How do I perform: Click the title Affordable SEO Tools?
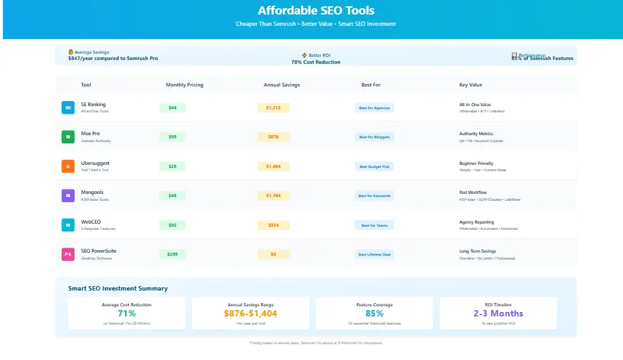pos(316,11)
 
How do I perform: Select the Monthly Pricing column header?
pos(184,85)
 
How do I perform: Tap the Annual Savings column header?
pos(282,85)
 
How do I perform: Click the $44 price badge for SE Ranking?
pos(172,108)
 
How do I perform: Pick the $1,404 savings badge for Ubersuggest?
pos(273,167)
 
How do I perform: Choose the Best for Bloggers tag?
pos(374,137)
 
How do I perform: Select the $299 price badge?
pos(172,255)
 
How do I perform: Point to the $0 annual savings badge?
pos(273,255)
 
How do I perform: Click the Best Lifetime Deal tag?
pos(374,255)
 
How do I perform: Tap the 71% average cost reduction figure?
pos(127,313)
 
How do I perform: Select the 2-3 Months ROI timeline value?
pos(498,313)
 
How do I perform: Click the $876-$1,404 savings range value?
pos(251,313)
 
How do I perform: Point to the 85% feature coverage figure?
pos(374,313)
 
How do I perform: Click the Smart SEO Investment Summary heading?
pos(118,289)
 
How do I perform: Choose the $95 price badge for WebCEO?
pos(172,225)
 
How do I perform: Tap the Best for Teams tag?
pos(374,225)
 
